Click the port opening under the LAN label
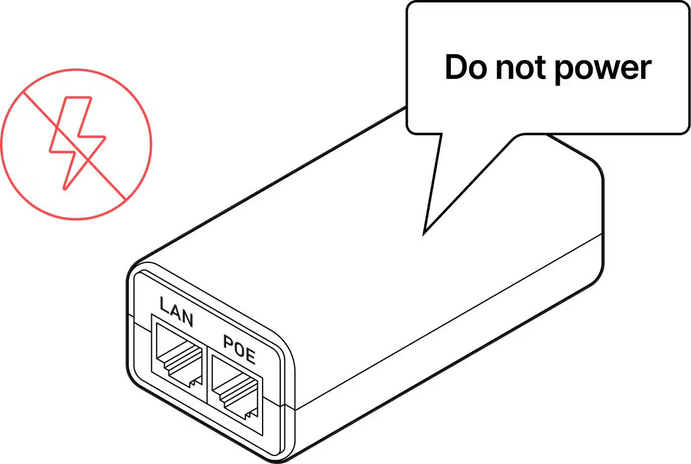pyautogui.click(x=178, y=355)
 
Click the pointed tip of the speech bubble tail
pyautogui.click(x=424, y=232)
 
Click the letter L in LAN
pyautogui.click(x=163, y=304)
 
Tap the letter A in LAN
pyautogui.click(x=175, y=311)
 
